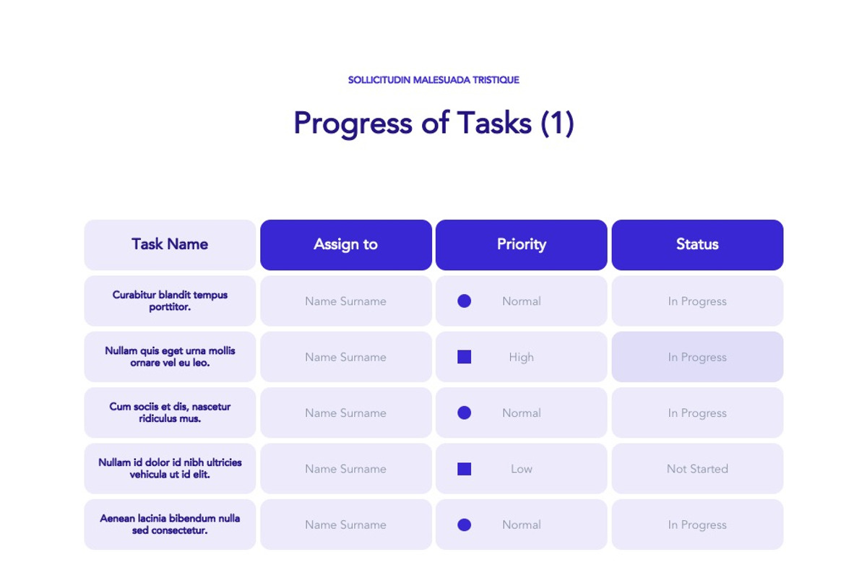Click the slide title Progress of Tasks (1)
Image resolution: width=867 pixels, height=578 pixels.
(x=433, y=123)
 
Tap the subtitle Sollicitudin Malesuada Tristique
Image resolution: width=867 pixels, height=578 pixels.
(x=433, y=80)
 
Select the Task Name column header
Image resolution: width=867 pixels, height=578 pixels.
(x=170, y=244)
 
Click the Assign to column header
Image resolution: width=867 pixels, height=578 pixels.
(x=345, y=244)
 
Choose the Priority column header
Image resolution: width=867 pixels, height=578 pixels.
(x=521, y=244)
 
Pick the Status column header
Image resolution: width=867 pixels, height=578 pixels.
(x=697, y=244)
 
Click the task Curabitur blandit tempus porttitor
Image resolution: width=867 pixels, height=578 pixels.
(x=170, y=301)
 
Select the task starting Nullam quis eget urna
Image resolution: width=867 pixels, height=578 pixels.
(x=170, y=356)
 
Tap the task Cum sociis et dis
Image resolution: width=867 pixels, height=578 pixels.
(x=170, y=413)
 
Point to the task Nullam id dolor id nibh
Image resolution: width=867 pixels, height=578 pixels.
(x=170, y=468)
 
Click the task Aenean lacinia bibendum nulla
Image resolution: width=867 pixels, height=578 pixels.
(x=170, y=524)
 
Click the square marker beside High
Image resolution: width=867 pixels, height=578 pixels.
(x=465, y=357)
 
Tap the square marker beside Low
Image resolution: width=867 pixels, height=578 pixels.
(x=465, y=469)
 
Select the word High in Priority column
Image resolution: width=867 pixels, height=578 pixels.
(x=521, y=357)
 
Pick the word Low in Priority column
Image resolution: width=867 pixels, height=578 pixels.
(x=521, y=469)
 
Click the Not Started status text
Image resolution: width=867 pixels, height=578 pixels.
(x=697, y=469)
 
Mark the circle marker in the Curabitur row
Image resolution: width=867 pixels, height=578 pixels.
(x=465, y=301)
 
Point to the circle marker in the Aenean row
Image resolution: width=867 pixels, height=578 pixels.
(x=465, y=525)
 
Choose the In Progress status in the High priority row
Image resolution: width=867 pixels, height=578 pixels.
(x=697, y=357)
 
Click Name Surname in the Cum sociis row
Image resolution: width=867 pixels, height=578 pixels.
(x=345, y=413)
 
